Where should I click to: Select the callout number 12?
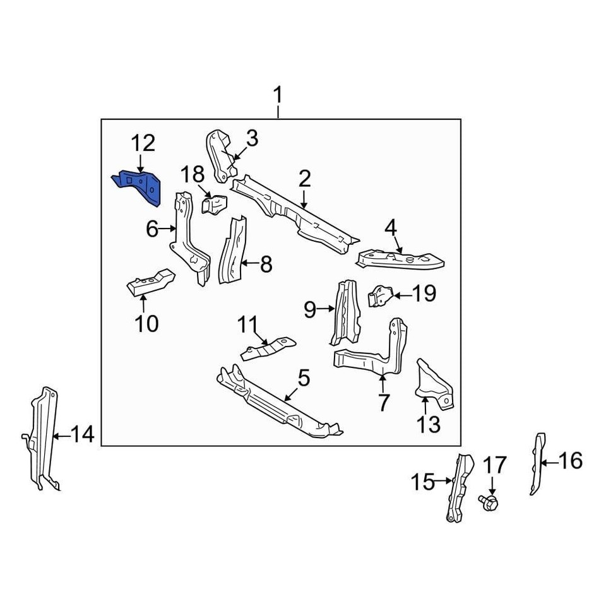(x=143, y=143)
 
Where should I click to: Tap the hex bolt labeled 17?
(x=489, y=502)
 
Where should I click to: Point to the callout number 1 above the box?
(x=278, y=95)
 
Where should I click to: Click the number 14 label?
(x=83, y=434)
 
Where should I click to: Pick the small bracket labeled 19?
(x=380, y=296)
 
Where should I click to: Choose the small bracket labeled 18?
(x=214, y=204)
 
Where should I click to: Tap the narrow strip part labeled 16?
(x=538, y=464)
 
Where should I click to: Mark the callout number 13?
(x=429, y=424)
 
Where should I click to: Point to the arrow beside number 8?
(x=250, y=263)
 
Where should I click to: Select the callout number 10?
(x=146, y=323)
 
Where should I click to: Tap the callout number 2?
(x=304, y=179)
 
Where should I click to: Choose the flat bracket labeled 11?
(x=268, y=348)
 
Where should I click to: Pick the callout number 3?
(x=252, y=138)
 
